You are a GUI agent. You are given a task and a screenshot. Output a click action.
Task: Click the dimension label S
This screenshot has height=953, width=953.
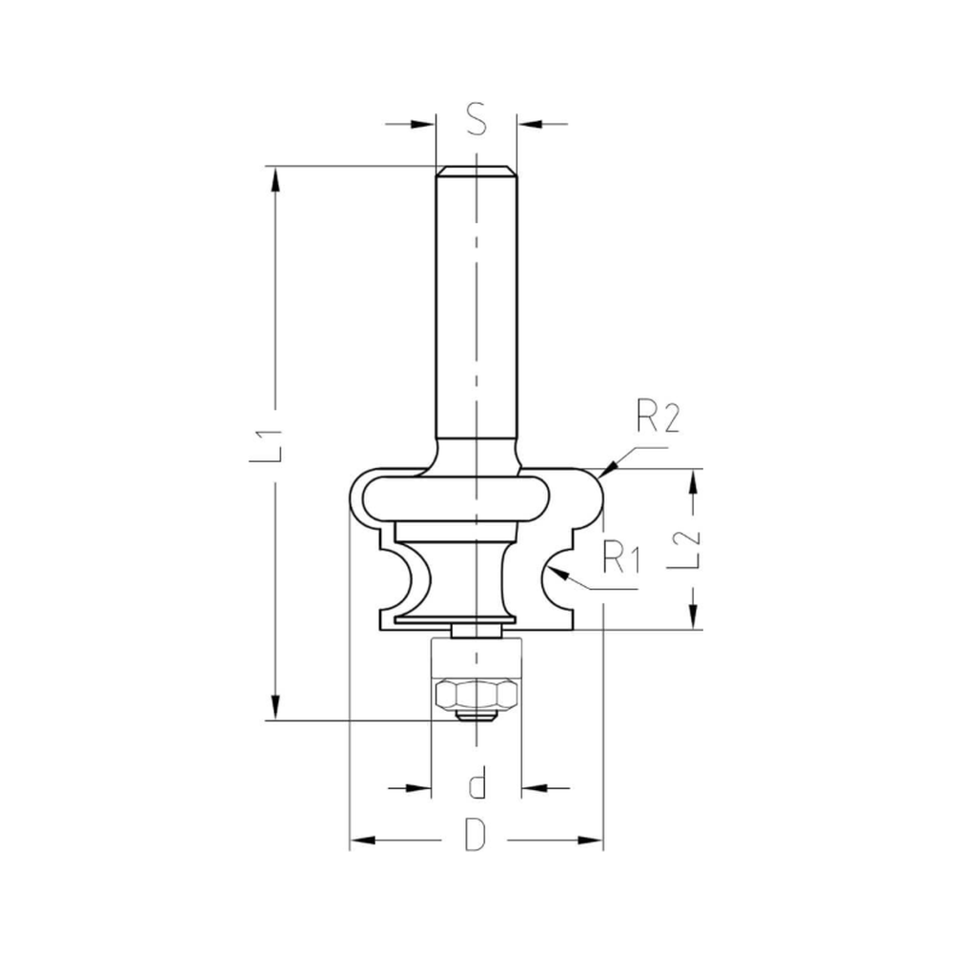476,122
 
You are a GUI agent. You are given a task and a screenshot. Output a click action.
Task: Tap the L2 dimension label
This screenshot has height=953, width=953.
693,549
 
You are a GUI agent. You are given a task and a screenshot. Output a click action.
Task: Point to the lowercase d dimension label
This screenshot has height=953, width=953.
477,786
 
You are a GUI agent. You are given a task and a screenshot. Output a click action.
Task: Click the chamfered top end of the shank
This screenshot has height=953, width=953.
476,172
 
